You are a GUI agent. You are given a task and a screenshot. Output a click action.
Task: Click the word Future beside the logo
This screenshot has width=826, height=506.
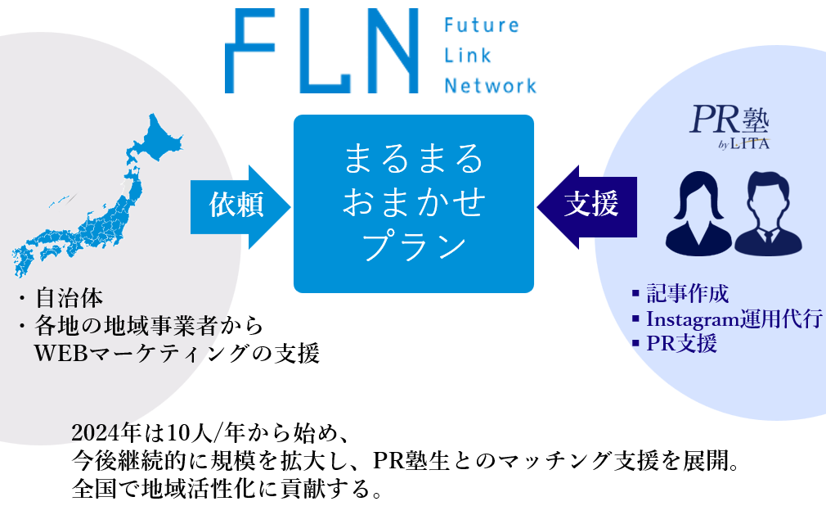coord(481,25)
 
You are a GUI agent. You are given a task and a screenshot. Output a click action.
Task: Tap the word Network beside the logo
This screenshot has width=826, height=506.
coord(490,85)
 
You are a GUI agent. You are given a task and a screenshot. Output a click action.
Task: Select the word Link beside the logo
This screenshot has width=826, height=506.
coord(468,56)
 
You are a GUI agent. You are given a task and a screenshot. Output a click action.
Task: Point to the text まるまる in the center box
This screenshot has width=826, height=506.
coord(413,158)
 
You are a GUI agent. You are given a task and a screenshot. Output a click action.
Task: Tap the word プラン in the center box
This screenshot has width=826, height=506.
coord(413,246)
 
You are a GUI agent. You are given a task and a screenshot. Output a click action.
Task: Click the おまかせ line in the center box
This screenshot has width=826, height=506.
coord(413,201)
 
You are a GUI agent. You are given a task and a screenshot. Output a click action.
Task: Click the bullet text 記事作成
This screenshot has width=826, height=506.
coord(687,293)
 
